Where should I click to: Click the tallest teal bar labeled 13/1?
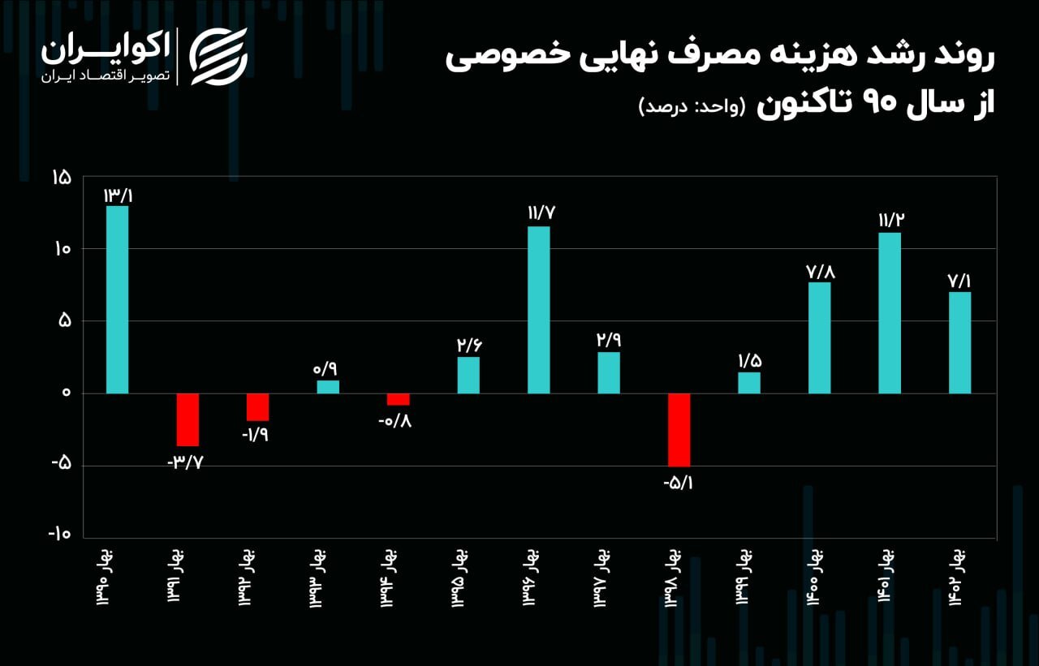[118, 299]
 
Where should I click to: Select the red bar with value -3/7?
[188, 419]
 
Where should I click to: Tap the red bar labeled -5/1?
[679, 430]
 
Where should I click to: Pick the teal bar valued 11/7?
[538, 310]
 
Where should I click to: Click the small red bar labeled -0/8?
[398, 399]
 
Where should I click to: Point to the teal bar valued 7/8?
[820, 337]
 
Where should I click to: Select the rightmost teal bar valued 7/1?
[959, 342]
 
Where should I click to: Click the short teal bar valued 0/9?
[328, 387]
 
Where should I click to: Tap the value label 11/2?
[890, 220]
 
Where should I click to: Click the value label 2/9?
[609, 339]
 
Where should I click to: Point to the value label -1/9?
[257, 434]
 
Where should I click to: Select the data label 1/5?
[749, 359]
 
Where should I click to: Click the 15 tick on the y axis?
[62, 178]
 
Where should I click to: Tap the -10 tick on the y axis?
[59, 535]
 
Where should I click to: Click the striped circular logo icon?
[218, 56]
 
